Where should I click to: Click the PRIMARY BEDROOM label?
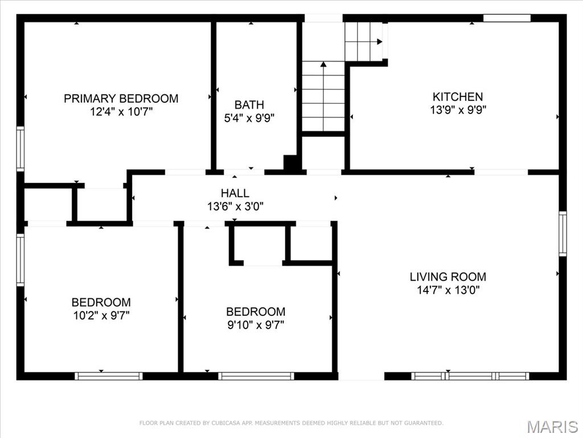121,99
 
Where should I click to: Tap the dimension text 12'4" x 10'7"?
121,112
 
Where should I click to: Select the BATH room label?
249,105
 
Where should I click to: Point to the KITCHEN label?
458,97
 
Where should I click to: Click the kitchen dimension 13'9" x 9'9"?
458,109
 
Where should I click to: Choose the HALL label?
235,193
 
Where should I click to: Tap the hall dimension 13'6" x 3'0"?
235,206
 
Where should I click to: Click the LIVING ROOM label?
448,277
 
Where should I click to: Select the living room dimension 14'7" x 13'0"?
448,290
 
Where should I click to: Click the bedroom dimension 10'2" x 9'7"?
101,315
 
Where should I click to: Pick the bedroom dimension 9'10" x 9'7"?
256,325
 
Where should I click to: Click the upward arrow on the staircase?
323,64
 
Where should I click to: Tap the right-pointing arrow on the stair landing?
379,41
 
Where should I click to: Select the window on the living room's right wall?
563,234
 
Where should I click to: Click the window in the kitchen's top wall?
507,18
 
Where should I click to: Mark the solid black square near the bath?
291,163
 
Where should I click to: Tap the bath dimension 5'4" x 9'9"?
249,118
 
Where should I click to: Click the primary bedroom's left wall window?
20,149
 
